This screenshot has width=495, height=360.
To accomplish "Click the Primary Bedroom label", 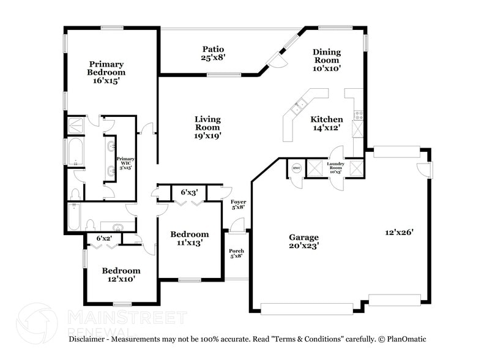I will (106, 72).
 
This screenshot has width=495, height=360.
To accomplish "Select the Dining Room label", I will (327, 60).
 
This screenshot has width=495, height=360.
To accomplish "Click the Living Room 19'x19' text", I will (207, 127).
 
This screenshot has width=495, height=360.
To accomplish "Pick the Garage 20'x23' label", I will (303, 241).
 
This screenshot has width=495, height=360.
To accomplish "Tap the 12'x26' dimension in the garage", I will (400, 232).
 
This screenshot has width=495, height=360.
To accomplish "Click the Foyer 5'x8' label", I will (237, 204).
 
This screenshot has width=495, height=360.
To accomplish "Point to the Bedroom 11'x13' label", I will (189, 238).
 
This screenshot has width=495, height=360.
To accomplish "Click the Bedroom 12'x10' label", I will (121, 274).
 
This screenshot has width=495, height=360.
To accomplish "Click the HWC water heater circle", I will (297, 168).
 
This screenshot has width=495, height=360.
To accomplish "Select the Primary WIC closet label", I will (125, 162).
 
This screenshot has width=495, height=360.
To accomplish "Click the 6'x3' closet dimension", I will (188, 192).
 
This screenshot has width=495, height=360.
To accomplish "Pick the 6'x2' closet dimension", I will (105, 238).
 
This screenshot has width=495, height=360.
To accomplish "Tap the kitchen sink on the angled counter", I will (299, 108).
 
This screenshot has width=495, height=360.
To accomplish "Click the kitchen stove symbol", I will (359, 113).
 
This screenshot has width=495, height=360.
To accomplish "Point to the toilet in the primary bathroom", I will (76, 194).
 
